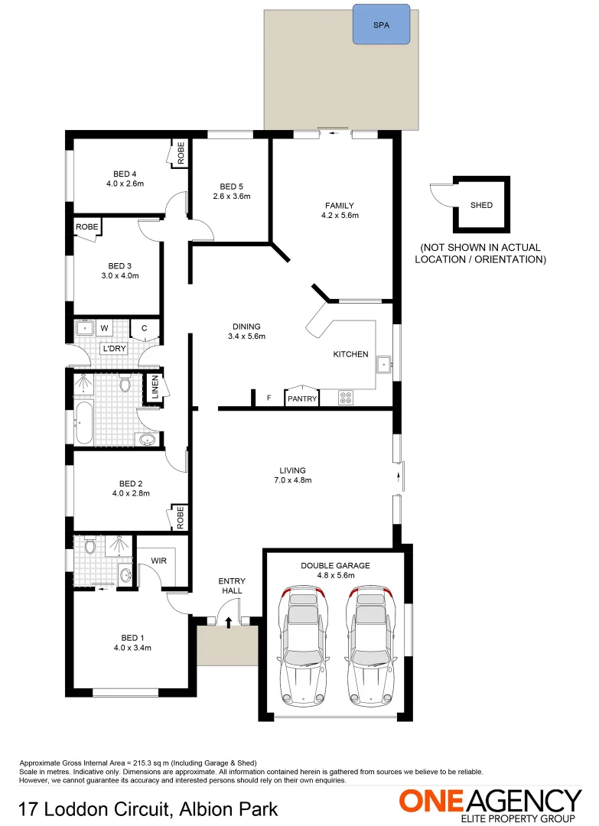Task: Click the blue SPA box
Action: [x=381, y=24]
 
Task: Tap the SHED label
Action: [x=481, y=205]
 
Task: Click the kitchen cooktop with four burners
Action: [x=346, y=397]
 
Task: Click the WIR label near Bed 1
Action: [x=159, y=561]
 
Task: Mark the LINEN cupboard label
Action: [x=155, y=387]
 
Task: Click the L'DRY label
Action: [x=114, y=349]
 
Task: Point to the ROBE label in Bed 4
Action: [x=181, y=154]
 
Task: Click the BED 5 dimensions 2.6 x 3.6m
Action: [x=231, y=197]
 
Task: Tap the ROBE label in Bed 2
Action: [x=181, y=518]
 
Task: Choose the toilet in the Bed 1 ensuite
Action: [x=90, y=546]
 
